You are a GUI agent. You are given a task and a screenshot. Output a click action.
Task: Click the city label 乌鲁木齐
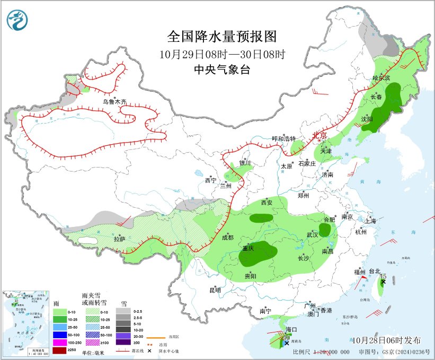[x=115, y=101]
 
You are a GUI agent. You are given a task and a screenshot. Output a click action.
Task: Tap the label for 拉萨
[x=120, y=239]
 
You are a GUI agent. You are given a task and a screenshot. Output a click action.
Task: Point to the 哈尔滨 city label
[x=381, y=78]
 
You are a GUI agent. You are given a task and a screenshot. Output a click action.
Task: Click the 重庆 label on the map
[x=248, y=248]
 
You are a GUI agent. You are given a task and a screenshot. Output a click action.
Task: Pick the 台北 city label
[x=375, y=271]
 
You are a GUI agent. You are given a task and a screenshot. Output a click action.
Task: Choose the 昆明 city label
[x=215, y=290]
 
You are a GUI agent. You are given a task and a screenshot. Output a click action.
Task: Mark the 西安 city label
[x=267, y=203]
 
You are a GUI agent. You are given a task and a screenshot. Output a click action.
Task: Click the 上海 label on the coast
[x=371, y=221]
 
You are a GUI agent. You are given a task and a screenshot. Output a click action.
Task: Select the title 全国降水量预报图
[x=222, y=37]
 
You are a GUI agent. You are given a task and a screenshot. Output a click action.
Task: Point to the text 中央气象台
[x=222, y=70]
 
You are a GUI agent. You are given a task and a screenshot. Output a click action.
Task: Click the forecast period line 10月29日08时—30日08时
[x=222, y=54]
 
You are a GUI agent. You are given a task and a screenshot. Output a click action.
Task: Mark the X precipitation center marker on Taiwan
[x=383, y=282]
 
